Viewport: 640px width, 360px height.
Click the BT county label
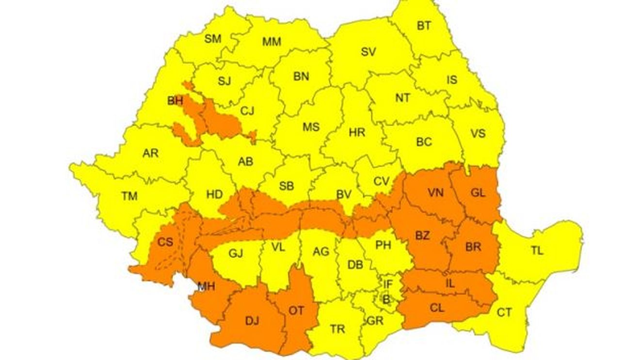[x=424, y=26]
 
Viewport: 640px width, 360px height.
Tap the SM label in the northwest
[x=213, y=39]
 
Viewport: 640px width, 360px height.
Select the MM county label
[x=272, y=42]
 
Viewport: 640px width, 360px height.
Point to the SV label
[x=368, y=52]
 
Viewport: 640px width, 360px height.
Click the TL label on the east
[x=537, y=251]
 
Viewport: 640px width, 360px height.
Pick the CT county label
[x=504, y=313]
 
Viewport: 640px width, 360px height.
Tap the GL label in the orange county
[x=478, y=193]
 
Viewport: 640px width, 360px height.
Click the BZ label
[x=422, y=236]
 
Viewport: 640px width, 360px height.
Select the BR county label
[x=473, y=247]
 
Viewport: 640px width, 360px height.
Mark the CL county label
[x=437, y=308]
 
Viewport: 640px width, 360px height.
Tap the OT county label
[x=296, y=310]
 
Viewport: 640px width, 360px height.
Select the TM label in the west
[x=129, y=196]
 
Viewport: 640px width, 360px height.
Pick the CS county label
[x=166, y=243]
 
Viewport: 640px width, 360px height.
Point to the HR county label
[x=357, y=132]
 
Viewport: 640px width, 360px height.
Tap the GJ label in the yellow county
[x=236, y=253]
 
